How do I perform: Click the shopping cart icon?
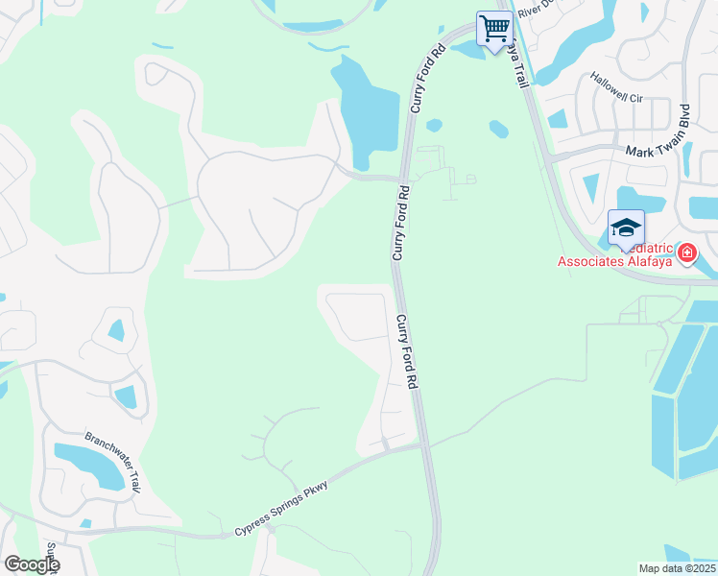(x=494, y=28)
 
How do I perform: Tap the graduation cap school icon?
(x=626, y=228)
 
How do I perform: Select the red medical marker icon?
(x=686, y=253)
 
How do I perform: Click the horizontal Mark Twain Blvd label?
(x=658, y=152)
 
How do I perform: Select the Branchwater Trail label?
(x=113, y=459)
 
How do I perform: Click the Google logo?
(x=31, y=564)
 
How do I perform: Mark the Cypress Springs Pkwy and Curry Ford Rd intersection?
(x=422, y=445)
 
